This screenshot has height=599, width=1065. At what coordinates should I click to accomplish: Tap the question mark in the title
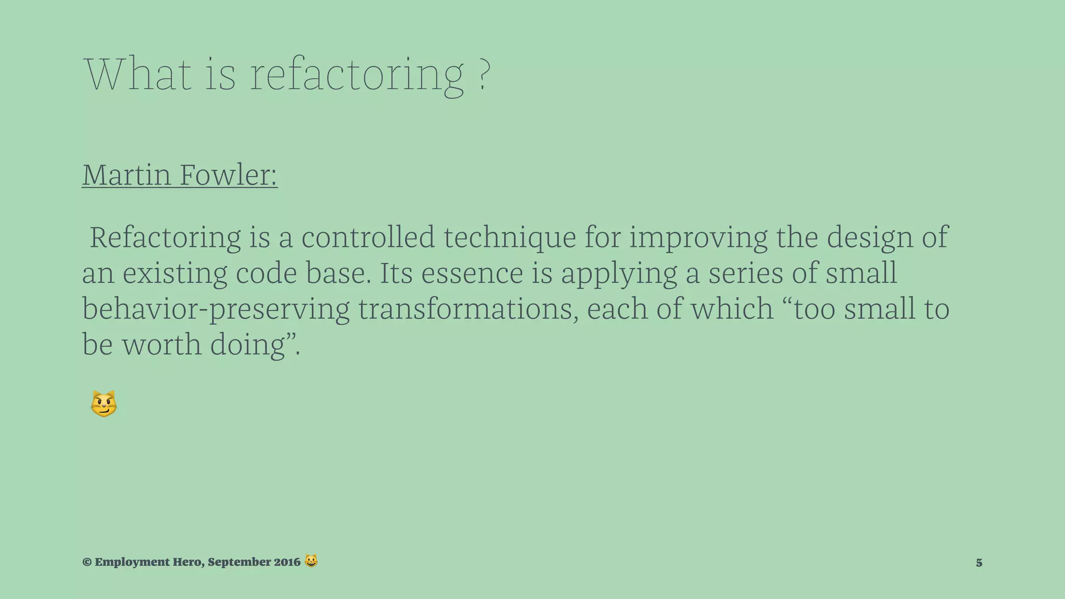pyautogui.click(x=483, y=75)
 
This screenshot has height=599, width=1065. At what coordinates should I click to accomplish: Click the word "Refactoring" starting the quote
pyautogui.click(x=165, y=238)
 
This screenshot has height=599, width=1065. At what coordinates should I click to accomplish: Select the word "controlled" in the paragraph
pyautogui.click(x=368, y=238)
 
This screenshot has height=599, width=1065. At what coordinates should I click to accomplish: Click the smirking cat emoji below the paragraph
pyautogui.click(x=103, y=404)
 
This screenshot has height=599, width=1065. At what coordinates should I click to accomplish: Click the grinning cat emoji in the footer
pyautogui.click(x=311, y=561)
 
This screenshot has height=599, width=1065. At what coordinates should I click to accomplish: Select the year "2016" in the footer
pyautogui.click(x=287, y=562)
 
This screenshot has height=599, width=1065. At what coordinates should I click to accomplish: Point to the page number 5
pyautogui.click(x=979, y=563)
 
